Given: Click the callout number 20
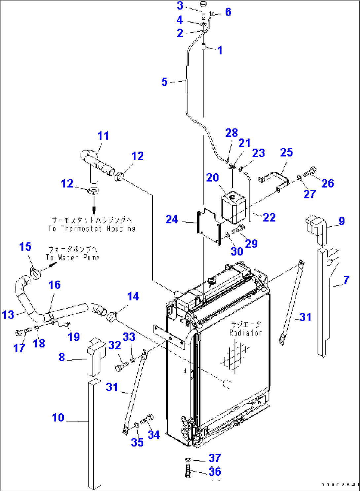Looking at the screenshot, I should tap(212, 178).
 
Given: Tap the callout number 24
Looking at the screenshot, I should tap(171, 220).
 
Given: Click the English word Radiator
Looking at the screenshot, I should tap(245, 333).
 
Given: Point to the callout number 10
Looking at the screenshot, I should tap(58, 418).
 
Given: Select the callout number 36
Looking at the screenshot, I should tap(215, 472).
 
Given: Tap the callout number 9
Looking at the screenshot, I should tap(342, 221).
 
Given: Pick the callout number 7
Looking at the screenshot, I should tap(346, 280).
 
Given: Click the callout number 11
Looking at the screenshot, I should tap(103, 136).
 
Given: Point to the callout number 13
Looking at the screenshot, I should tap(8, 315).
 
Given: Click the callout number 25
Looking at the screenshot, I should tap(286, 153).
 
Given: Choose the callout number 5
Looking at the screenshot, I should tap(164, 82).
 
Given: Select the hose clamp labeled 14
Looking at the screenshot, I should tap(112, 317).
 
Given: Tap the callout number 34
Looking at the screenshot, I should tap(154, 435).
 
